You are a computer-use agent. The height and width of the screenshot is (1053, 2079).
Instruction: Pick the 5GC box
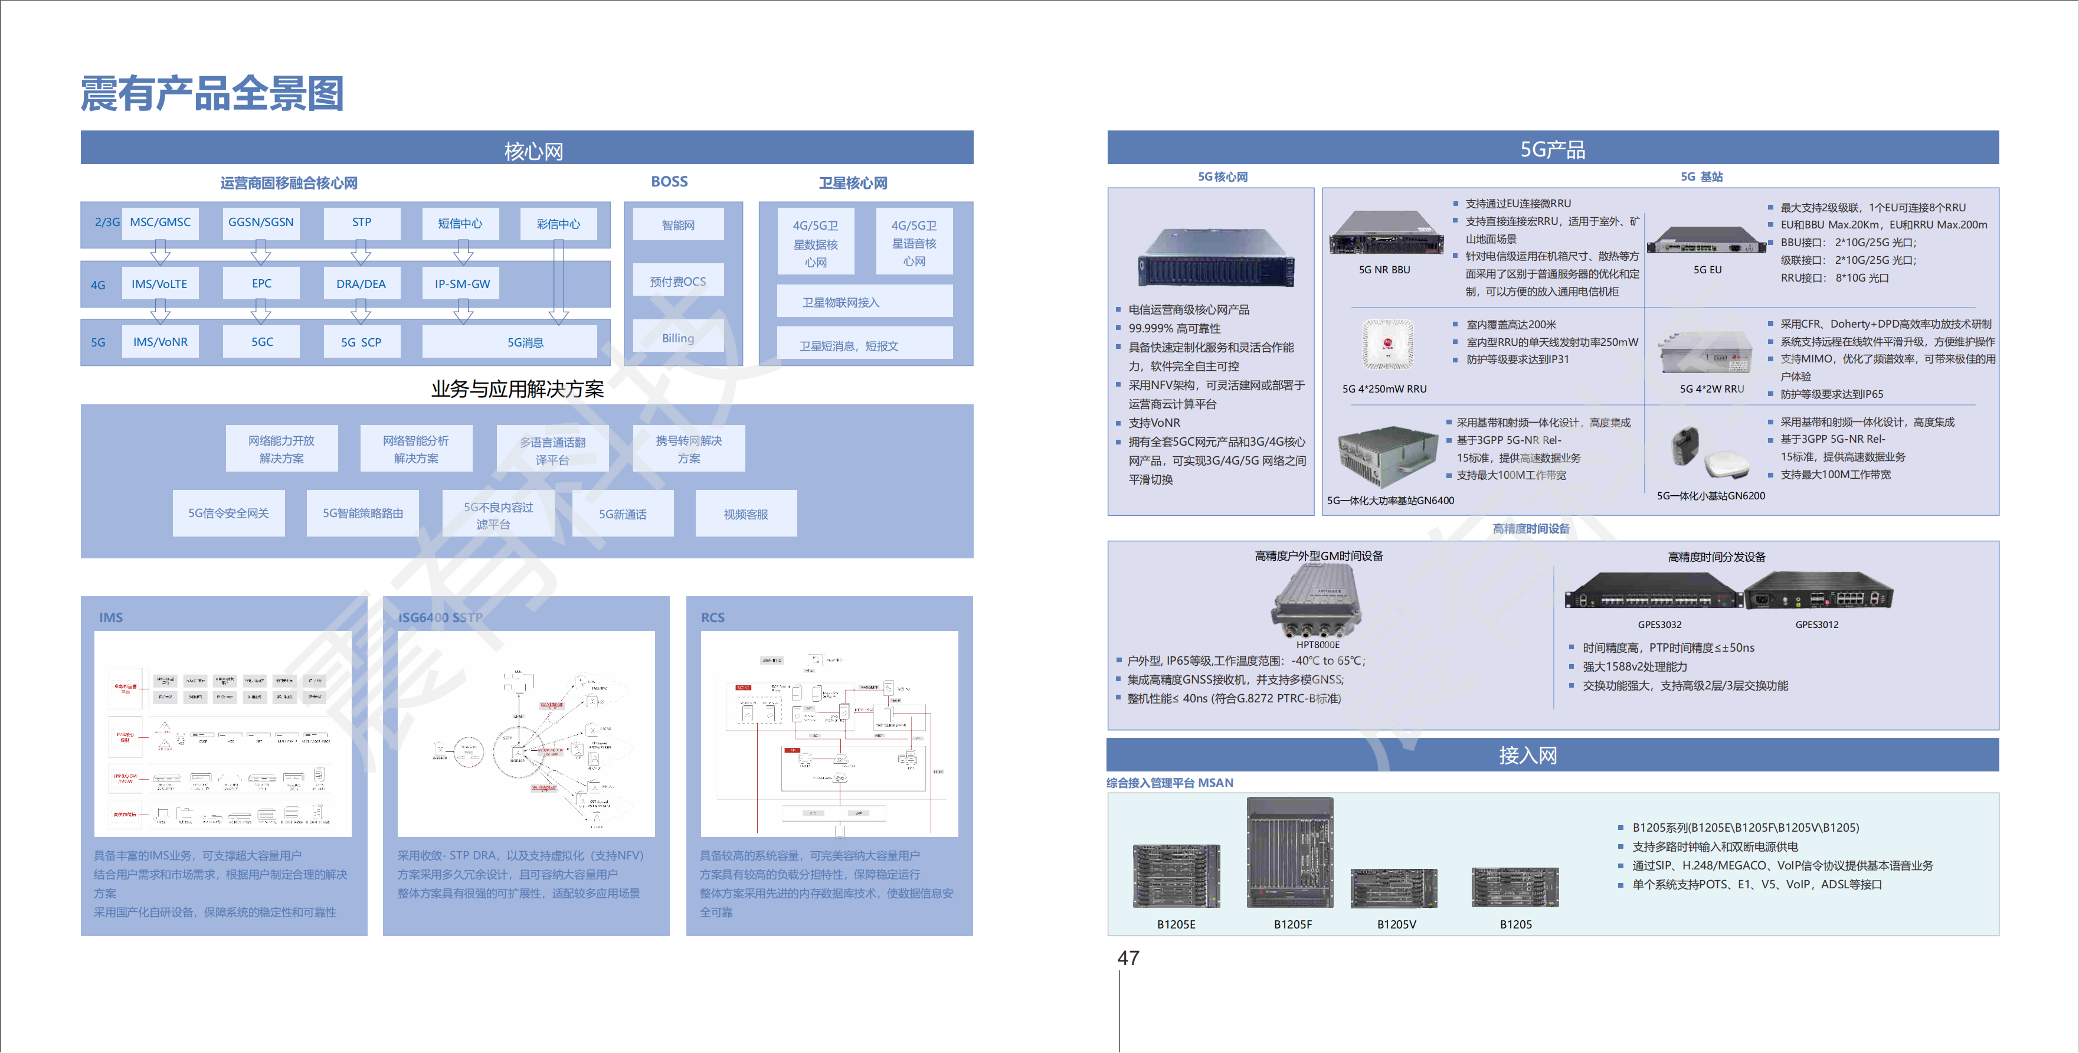point(261,342)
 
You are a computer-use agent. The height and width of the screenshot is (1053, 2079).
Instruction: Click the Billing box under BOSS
point(678,338)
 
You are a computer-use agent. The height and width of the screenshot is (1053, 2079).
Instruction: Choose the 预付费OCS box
point(678,282)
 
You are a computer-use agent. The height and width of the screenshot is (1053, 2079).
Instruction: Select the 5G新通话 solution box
point(622,514)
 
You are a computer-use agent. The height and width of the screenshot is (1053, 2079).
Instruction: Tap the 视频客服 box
point(746,514)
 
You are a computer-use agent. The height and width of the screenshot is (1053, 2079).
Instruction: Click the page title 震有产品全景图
point(212,94)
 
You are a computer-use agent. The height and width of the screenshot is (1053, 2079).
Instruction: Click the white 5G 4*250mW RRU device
point(1387,345)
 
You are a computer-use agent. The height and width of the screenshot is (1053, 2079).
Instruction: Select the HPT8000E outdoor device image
point(1317,601)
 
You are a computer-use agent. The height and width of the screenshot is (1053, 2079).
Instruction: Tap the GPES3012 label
point(1817,625)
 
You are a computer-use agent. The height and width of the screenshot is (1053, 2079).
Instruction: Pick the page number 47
point(1128,959)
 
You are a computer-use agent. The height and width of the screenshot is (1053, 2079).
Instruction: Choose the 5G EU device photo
point(1705,241)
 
